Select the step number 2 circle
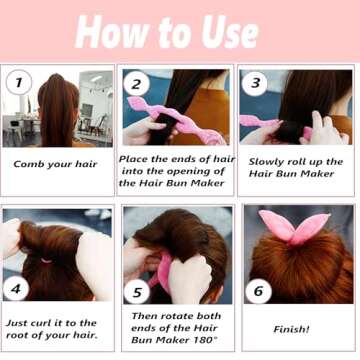pos(137,84)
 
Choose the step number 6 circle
pos(257,291)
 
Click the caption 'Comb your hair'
pos(57,163)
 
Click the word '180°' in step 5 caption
pos(205,341)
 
